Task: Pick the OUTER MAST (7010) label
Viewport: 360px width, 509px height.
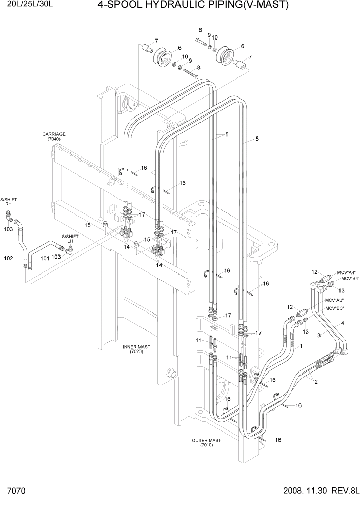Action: coord(207,443)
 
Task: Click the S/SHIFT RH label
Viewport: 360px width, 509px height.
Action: coord(8,201)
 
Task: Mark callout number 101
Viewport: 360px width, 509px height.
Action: coord(45,258)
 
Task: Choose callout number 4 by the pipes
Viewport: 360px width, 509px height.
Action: coord(342,323)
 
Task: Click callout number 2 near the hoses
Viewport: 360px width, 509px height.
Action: coord(316,381)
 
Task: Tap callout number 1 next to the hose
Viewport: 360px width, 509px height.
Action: coord(301,346)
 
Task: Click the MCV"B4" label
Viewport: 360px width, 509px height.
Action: coord(349,279)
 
